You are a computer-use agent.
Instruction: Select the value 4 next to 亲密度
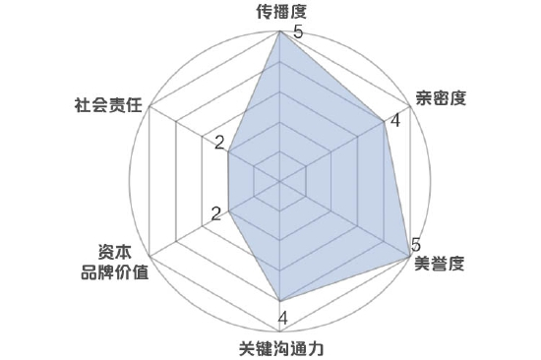coord(394,122)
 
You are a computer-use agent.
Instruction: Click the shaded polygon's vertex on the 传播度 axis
coord(280,33)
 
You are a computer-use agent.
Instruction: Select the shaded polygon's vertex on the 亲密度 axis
coord(383,122)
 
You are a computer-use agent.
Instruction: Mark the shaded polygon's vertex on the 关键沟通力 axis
coord(280,300)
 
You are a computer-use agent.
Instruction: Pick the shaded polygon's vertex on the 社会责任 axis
coord(228,151)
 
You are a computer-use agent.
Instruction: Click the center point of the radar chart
coord(280,181)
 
